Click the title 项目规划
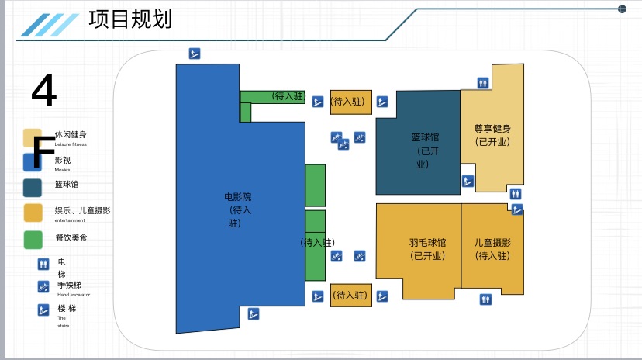[130, 19]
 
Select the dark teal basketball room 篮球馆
[417, 147]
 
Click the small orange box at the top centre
[351, 102]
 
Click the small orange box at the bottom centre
[351, 295]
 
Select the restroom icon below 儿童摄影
[485, 299]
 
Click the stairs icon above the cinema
[195, 54]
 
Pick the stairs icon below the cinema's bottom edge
[253, 314]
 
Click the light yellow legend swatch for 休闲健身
[32, 137]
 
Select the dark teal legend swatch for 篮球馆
[33, 188]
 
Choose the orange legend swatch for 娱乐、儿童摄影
[33, 213]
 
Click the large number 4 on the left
[44, 92]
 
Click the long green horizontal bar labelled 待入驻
[272, 96]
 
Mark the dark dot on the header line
[622, 9]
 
